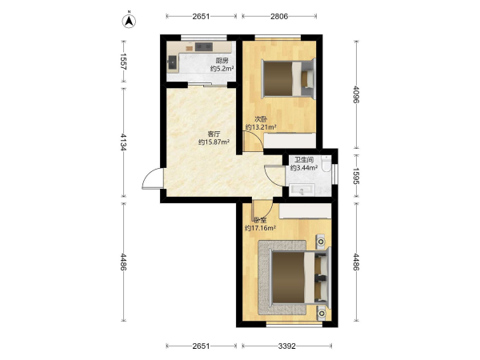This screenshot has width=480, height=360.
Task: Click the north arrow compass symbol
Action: click(x=129, y=21)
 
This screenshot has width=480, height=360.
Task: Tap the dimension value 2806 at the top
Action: click(x=279, y=16)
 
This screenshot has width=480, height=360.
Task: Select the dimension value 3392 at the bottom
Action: click(x=287, y=346)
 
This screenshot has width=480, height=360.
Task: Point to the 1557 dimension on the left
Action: click(x=123, y=62)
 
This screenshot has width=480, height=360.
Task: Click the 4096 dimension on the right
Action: click(x=356, y=94)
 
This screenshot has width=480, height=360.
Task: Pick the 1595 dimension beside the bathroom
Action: click(x=356, y=176)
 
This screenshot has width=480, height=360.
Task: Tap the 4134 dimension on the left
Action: click(x=123, y=142)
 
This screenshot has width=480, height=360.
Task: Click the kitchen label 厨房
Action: click(x=222, y=61)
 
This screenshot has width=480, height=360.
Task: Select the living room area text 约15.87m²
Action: click(x=214, y=142)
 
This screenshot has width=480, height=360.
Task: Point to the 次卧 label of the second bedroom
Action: click(x=261, y=119)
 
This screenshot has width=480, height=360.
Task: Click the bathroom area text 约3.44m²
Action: click(x=304, y=168)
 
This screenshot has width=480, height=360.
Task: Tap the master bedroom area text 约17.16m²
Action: click(x=261, y=228)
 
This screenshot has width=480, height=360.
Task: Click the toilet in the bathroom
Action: click(x=326, y=163)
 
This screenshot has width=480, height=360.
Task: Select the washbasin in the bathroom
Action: click(x=302, y=190)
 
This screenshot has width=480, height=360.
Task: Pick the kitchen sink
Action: click(x=173, y=64)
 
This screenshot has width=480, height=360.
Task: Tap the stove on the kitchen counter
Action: click(x=204, y=46)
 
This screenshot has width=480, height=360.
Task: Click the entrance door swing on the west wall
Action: click(x=152, y=178)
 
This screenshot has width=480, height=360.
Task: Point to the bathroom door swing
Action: click(x=274, y=175)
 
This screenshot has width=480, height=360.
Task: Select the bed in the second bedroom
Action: click(x=288, y=78)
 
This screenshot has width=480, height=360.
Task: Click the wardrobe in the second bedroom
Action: click(x=290, y=141)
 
